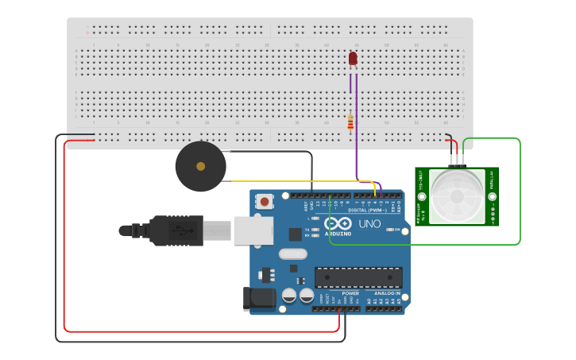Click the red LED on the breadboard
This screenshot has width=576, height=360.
pyautogui.click(x=353, y=58)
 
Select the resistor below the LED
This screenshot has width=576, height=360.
pyautogui.click(x=350, y=122)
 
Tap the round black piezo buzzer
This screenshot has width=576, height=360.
pyautogui.click(x=200, y=166)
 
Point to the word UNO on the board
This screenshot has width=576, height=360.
pyautogui.click(x=369, y=224)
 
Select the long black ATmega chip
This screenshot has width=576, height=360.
pyautogui.click(x=358, y=277)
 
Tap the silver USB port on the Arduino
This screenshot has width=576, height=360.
pyautogui.click(x=253, y=230)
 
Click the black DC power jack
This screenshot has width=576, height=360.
pyautogui.click(x=259, y=299)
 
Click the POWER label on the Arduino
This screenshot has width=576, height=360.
pyautogui.click(x=350, y=293)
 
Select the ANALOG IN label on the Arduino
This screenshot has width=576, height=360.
pyautogui.click(x=386, y=293)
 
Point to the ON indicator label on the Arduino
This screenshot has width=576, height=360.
pyautogui.click(x=397, y=230)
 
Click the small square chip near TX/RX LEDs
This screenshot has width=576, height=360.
pyautogui.click(x=296, y=234)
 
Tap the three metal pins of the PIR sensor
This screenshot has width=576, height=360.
pyautogui.click(x=456, y=160)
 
